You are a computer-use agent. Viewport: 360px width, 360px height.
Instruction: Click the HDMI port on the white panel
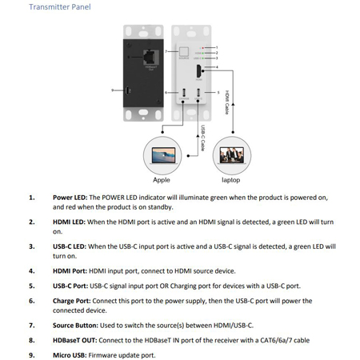click(196, 78)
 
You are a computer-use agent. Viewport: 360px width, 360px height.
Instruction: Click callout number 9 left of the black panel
click(113, 90)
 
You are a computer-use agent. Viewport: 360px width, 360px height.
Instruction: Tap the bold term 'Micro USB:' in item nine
click(71, 354)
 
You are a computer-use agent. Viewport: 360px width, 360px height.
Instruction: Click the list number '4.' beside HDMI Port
click(31, 271)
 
